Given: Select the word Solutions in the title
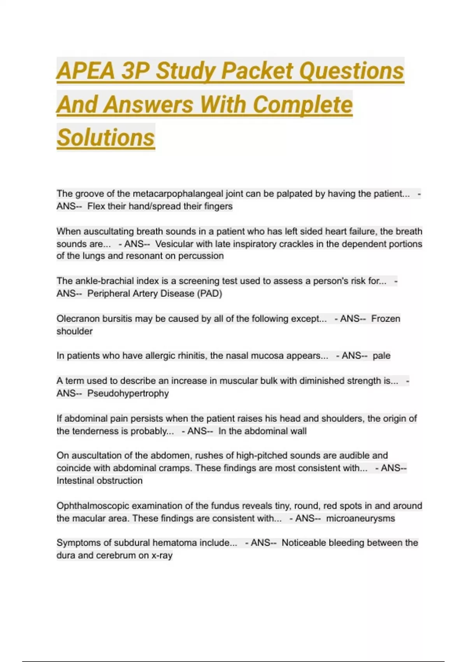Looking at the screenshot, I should pyautogui.click(x=106, y=138).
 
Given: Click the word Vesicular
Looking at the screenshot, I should pyautogui.click(x=174, y=244).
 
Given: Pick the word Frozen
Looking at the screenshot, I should pyautogui.click(x=385, y=319).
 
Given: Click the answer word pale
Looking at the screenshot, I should pyautogui.click(x=381, y=356).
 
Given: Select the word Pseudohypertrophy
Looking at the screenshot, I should pyautogui.click(x=128, y=393).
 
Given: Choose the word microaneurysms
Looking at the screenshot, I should pyautogui.click(x=360, y=518).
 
